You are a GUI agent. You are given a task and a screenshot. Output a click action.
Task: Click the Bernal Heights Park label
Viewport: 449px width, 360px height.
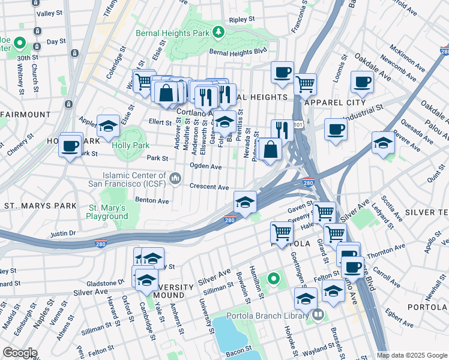(174, 32)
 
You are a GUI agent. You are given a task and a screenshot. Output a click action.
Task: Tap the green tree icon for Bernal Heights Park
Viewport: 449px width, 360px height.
(220, 32)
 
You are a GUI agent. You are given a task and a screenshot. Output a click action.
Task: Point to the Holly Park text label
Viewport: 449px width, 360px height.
(128, 145)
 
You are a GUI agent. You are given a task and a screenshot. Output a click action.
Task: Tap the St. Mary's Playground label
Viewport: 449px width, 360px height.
(107, 211)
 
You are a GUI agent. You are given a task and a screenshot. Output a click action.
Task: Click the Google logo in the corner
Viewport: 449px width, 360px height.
(20, 353)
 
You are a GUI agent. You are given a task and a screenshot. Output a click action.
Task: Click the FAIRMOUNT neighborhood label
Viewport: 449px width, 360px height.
(26, 114)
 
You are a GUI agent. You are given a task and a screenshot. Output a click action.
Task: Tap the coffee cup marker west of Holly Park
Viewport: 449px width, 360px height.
(70, 145)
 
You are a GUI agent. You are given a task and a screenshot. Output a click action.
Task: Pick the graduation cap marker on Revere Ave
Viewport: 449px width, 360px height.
(383, 143)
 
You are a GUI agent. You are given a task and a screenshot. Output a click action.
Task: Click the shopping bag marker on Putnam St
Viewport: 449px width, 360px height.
(271, 149)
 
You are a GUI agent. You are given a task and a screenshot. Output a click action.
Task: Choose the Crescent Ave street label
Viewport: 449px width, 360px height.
(209, 187)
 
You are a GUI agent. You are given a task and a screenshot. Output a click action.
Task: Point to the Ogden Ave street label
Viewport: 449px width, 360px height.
(205, 166)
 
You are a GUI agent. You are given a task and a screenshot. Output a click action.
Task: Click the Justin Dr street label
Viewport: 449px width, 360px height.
(63, 233)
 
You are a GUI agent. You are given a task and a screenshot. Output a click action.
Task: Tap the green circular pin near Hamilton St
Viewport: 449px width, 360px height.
(274, 278)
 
